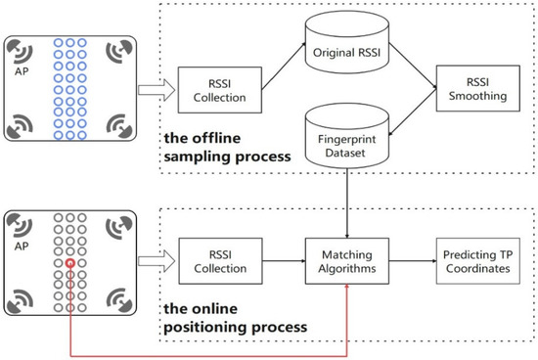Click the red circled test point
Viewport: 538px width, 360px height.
pyautogui.click(x=71, y=263)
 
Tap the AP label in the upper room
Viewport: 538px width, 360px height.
pyautogui.click(x=24, y=71)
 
